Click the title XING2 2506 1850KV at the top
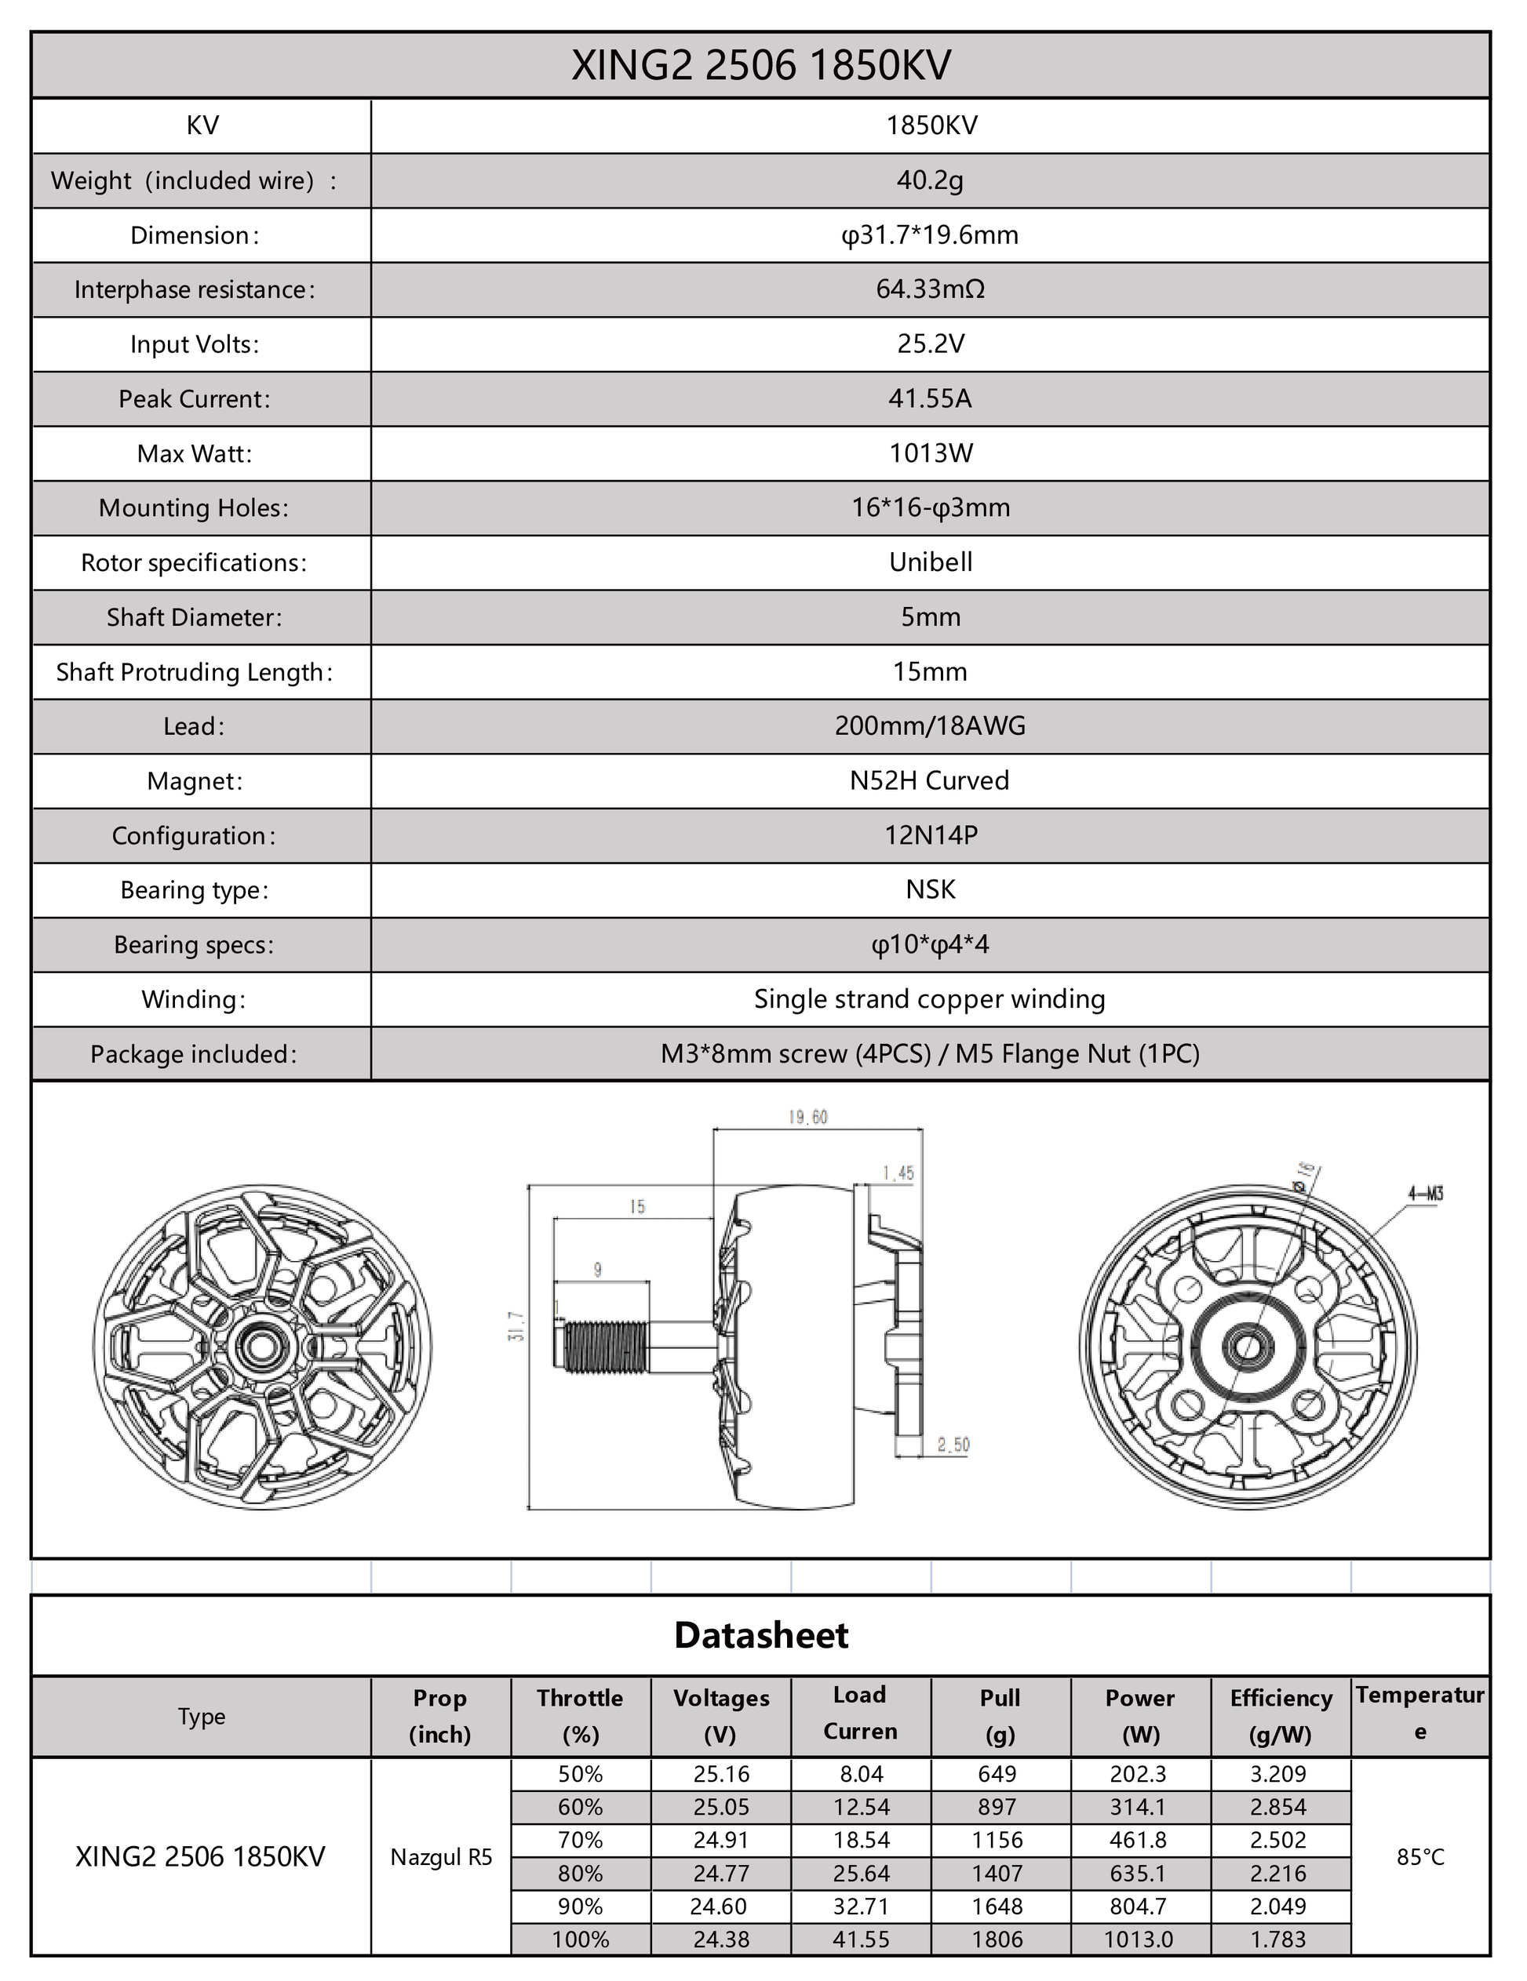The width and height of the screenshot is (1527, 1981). (x=760, y=65)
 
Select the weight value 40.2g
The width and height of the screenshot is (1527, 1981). (x=929, y=180)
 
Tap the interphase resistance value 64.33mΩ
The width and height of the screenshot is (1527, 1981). (x=929, y=289)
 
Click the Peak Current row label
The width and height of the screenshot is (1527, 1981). (x=194, y=399)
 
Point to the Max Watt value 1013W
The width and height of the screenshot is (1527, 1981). (x=930, y=453)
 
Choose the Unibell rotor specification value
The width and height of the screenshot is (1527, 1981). (x=930, y=562)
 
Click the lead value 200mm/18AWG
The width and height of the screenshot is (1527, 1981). (x=929, y=725)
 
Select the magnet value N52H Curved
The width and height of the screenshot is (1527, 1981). (x=929, y=781)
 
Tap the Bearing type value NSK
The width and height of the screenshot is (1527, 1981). (x=930, y=890)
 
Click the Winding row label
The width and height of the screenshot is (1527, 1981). (x=193, y=1000)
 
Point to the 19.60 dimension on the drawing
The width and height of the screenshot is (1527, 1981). (x=807, y=1118)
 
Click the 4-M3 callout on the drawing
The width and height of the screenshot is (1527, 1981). (x=1425, y=1194)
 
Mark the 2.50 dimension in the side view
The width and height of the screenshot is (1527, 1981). (x=953, y=1445)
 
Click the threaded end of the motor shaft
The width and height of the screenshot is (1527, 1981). (x=604, y=1347)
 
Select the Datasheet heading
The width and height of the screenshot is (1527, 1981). (x=761, y=1634)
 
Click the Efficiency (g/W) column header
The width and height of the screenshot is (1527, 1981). (x=1280, y=1716)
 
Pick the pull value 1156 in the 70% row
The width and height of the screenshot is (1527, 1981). (x=997, y=1841)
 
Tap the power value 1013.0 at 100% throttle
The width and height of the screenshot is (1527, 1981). (x=1138, y=1939)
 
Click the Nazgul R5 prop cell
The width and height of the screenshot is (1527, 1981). (x=441, y=1857)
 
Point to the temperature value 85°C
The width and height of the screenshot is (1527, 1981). (x=1420, y=1857)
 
